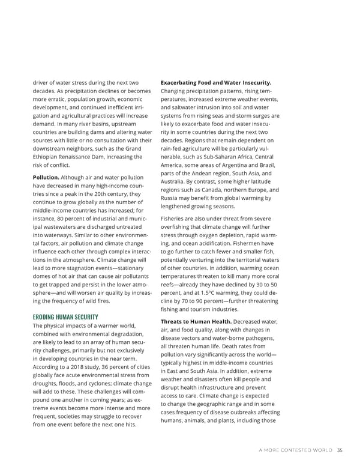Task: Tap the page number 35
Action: pos(340,453)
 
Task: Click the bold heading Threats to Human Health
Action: pos(196,321)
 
